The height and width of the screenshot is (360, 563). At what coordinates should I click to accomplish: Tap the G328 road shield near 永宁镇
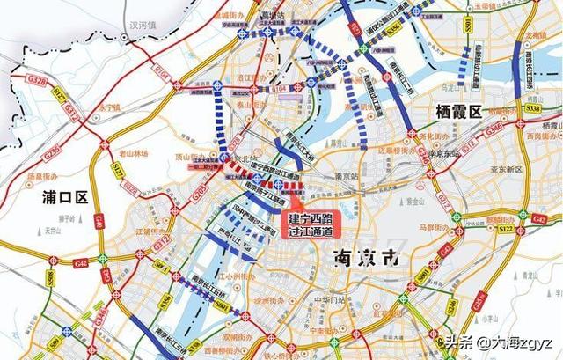[x=39, y=80]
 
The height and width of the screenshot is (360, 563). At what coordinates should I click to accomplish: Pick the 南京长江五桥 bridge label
[x=203, y=285]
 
